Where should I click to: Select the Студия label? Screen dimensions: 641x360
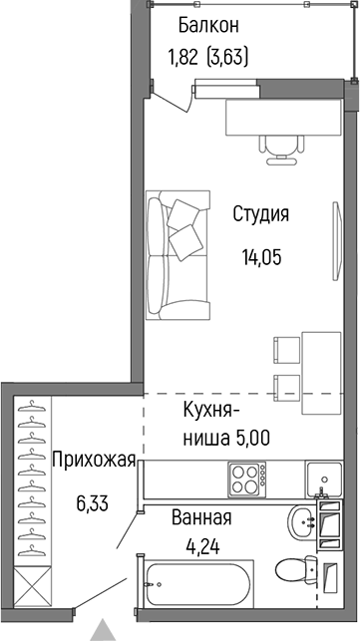[x=261, y=213]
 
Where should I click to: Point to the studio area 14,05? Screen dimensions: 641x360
[x=261, y=256]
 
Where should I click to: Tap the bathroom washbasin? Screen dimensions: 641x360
[x=301, y=520]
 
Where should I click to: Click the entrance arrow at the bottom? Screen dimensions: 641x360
[x=103, y=630]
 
